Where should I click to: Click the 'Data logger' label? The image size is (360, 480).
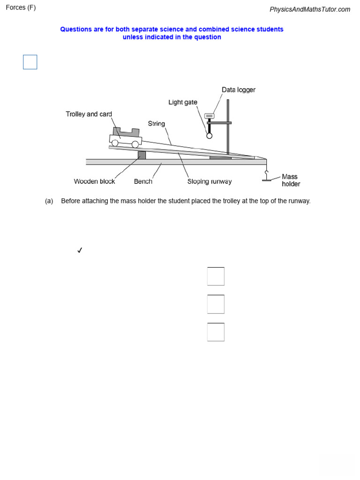point(238,90)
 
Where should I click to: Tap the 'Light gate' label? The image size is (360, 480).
point(183,102)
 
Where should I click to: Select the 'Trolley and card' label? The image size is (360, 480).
point(89,114)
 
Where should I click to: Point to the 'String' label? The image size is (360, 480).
point(157,124)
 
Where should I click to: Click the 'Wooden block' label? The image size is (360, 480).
point(94,181)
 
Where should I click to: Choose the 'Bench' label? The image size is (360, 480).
point(143,181)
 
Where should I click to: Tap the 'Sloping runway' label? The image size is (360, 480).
point(210,181)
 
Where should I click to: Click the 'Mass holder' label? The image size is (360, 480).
point(290,180)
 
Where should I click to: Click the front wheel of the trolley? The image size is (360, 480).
point(135,144)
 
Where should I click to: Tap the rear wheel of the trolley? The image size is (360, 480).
point(115,143)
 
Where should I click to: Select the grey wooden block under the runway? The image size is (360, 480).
point(142,155)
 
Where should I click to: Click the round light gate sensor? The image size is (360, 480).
point(209,135)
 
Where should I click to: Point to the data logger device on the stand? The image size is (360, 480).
point(209,115)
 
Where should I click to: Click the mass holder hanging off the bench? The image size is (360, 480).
point(267,178)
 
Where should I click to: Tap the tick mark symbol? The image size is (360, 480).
point(80,250)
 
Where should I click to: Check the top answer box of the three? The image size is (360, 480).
point(216,276)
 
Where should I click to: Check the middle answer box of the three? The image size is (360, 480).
point(216,304)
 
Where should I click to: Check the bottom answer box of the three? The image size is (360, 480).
point(216,332)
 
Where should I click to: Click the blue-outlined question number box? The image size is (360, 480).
point(30,62)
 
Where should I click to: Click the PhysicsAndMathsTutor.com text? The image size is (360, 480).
point(310,9)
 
